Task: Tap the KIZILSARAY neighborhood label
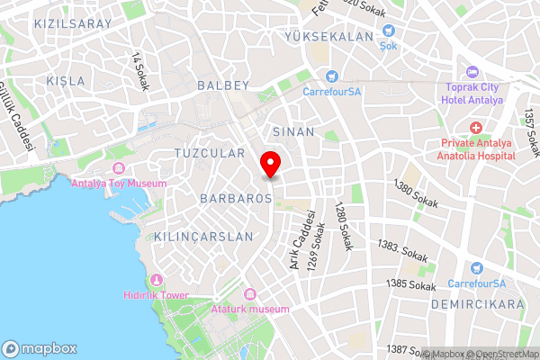[x=73, y=23]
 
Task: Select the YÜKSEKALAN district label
[x=328, y=36]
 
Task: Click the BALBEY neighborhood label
[x=222, y=85]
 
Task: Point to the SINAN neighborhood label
[x=293, y=131]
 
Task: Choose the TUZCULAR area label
[x=210, y=153]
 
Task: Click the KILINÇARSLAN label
[x=192, y=237]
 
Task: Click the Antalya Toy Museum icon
[x=117, y=169]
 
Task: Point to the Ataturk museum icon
[x=249, y=294]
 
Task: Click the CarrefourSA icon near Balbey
[x=332, y=76]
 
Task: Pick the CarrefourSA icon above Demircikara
[x=477, y=267]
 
